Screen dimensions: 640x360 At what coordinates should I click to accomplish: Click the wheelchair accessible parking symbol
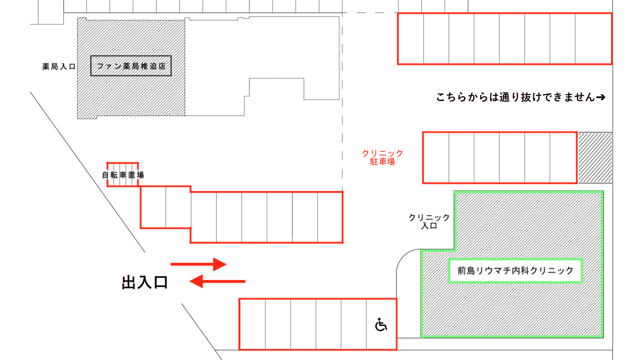click(381, 324)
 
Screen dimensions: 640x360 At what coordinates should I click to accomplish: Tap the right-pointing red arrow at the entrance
click(198, 264)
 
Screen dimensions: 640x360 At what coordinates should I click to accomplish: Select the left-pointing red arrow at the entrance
click(217, 281)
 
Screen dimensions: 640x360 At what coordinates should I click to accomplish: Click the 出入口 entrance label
click(144, 282)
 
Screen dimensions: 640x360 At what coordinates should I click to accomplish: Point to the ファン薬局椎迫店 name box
click(131, 66)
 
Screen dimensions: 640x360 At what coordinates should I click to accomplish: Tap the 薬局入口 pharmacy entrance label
click(59, 67)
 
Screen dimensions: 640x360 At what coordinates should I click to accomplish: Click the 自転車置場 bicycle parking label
click(123, 175)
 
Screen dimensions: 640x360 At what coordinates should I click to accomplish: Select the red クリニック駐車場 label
click(383, 157)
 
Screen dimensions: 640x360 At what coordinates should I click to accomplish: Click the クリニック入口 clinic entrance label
click(429, 222)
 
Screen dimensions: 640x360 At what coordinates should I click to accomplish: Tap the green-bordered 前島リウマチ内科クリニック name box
click(515, 270)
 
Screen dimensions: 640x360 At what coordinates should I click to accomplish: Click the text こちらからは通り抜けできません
click(516, 97)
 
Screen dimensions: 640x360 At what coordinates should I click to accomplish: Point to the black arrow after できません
click(601, 97)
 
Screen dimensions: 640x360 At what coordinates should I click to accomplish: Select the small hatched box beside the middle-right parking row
click(595, 158)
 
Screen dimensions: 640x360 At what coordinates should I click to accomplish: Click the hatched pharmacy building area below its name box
click(131, 97)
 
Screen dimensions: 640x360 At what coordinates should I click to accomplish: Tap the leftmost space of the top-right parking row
click(411, 39)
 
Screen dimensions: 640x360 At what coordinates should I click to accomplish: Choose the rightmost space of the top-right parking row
click(594, 39)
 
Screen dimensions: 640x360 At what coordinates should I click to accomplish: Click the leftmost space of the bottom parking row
click(252, 324)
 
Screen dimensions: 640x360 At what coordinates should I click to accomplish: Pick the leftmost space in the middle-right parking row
click(436, 158)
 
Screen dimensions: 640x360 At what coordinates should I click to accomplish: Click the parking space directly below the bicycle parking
click(153, 207)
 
